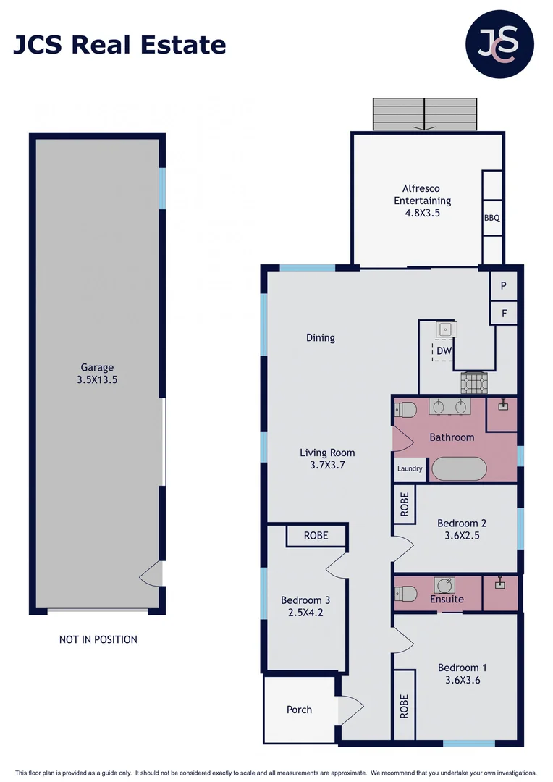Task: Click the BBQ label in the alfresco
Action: (492, 218)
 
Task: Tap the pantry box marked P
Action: (504, 286)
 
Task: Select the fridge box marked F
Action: (504, 314)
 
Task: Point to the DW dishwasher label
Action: (444, 351)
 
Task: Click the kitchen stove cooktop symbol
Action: (475, 381)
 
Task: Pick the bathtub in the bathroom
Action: (459, 468)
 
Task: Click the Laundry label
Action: (410, 469)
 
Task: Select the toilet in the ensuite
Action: (405, 594)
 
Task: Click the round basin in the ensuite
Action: (444, 585)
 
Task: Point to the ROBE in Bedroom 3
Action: (316, 536)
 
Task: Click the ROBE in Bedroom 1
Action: (404, 706)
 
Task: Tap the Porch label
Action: (299, 710)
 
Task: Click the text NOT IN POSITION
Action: (98, 639)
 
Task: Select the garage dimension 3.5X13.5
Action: (97, 379)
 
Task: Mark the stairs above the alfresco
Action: (425, 114)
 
